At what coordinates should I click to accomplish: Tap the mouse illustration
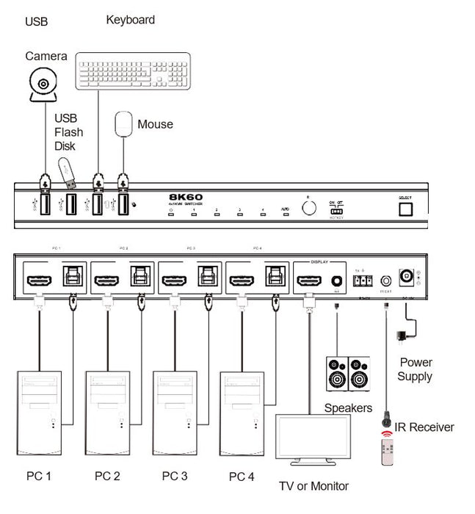click(x=124, y=124)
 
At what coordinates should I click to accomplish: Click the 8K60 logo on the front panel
click(x=186, y=198)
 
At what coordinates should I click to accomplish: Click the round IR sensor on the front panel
click(x=309, y=208)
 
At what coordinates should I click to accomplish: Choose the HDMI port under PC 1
click(x=39, y=280)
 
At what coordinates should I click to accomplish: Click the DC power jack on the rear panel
click(x=405, y=278)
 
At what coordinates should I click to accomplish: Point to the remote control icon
click(x=388, y=449)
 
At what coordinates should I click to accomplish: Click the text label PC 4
click(x=242, y=477)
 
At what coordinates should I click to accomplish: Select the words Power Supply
click(x=416, y=369)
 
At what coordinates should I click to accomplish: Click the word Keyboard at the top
click(x=130, y=20)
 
